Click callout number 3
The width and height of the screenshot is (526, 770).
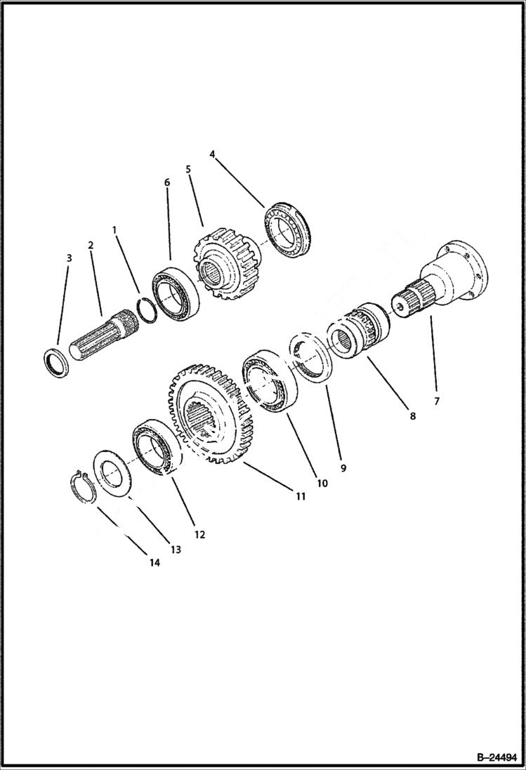pyautogui.click(x=69, y=258)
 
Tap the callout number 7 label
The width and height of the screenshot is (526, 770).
pyautogui.click(x=436, y=401)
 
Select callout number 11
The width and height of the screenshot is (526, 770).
pyautogui.click(x=300, y=496)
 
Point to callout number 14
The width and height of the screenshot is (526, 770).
pyautogui.click(x=154, y=562)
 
